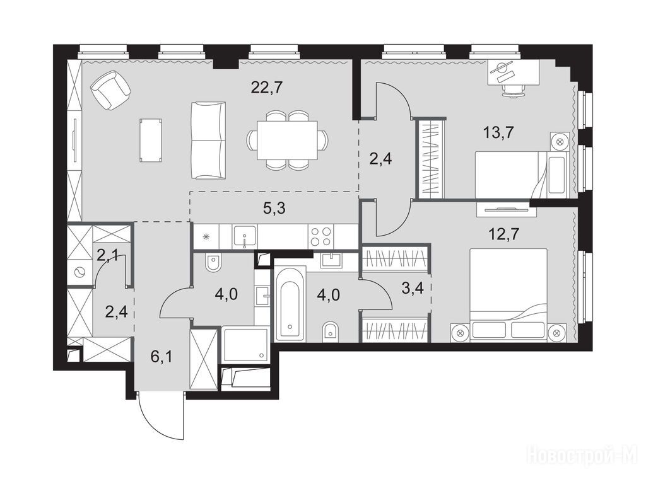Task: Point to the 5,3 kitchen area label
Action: pyautogui.click(x=274, y=208)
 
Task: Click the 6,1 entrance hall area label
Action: pyautogui.click(x=161, y=357)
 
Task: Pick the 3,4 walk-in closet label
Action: pyautogui.click(x=412, y=288)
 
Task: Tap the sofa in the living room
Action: pyautogui.click(x=208, y=141)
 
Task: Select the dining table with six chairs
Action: pyautogui.click(x=287, y=140)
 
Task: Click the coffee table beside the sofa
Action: pyautogui.click(x=150, y=140)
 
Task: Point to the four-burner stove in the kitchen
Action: pyautogui.click(x=320, y=236)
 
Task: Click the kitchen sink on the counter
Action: pyautogui.click(x=245, y=237)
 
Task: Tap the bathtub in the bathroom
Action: pyautogui.click(x=290, y=304)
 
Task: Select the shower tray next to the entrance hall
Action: pyautogui.click(x=245, y=345)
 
